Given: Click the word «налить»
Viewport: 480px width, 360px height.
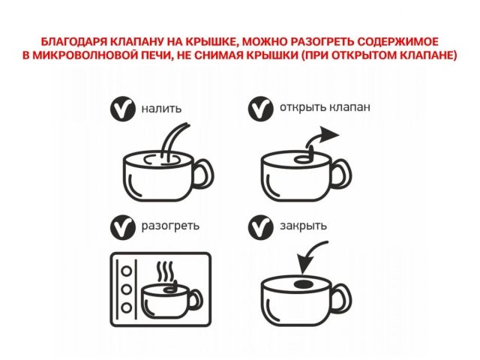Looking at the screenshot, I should (x=161, y=109).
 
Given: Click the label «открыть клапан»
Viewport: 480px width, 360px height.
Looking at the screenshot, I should (x=324, y=106).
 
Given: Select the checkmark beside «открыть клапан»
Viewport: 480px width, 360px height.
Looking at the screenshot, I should (x=260, y=108).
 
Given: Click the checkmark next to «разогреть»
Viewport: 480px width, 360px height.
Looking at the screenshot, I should (x=122, y=226).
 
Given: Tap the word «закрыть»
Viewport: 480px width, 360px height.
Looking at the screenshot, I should (x=303, y=225).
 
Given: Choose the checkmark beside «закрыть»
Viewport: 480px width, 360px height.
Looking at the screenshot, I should (x=260, y=226).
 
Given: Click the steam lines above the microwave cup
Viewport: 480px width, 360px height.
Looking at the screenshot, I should (x=166, y=271).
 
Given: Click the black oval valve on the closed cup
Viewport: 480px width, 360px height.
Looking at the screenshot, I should (x=302, y=285).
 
